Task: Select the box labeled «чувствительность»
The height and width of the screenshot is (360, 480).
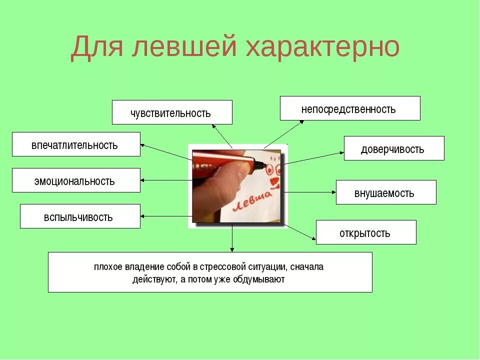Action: [172, 112]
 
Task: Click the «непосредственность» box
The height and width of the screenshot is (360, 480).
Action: [349, 108]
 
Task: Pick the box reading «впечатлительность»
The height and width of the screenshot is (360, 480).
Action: [76, 144]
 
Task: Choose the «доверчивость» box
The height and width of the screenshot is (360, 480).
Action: [393, 148]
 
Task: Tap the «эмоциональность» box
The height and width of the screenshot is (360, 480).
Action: [76, 180]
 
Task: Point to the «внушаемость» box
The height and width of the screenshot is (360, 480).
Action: [385, 192]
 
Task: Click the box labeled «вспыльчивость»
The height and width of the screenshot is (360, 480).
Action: [80, 216]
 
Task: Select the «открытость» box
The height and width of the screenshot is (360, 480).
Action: [365, 232]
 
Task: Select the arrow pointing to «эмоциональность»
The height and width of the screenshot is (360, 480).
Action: [165, 180]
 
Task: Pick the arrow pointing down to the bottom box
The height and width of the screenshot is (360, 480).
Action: [232, 240]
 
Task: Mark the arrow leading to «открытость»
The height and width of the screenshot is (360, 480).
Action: [300, 231]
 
